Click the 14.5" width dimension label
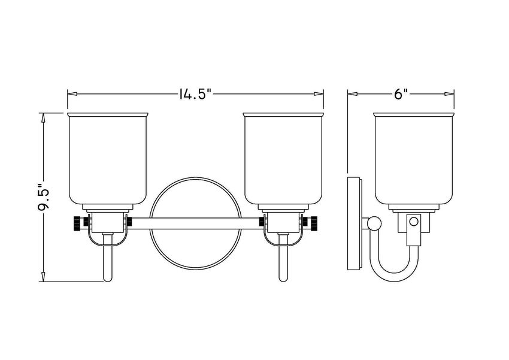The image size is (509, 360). pos(195,94)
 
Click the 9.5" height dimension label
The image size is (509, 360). pos(43,197)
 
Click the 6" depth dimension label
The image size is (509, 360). pos(401,94)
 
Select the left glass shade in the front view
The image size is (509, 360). pos(108,159)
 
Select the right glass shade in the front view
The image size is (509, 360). pos(283,159)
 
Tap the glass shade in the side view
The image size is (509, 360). pos(414,159)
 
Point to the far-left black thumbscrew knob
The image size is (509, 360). pos(77,222)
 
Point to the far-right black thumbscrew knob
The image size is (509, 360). pos(314,222)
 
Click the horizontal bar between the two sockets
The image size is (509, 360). pos(196,223)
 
